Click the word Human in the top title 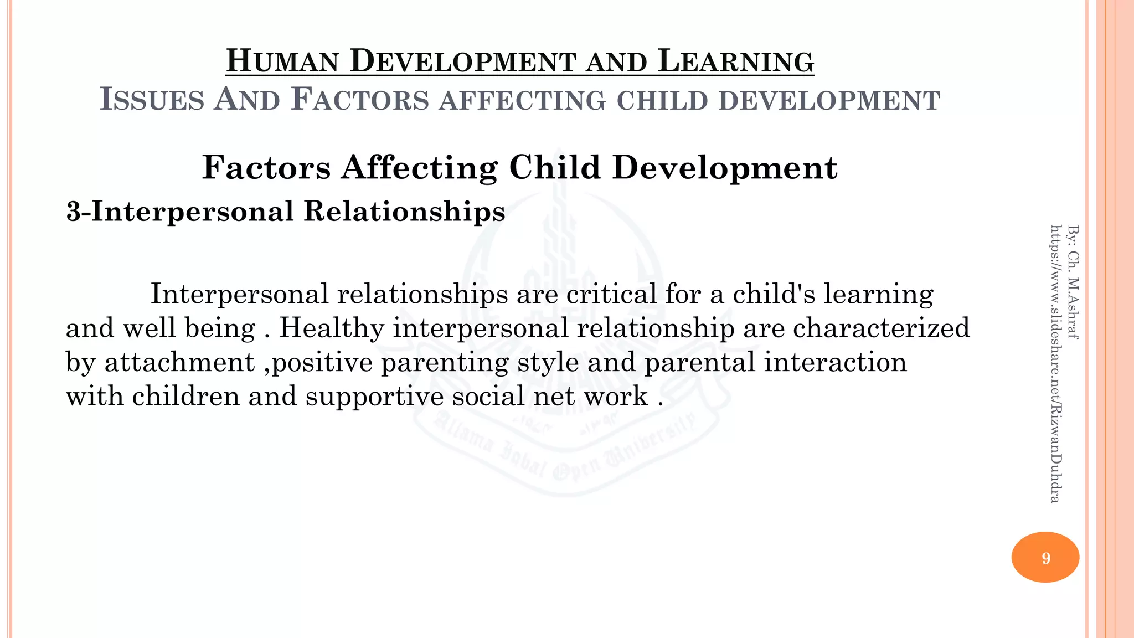(282, 61)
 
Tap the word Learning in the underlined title (736, 61)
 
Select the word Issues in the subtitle (152, 100)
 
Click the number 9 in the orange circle (1045, 558)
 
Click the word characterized (882, 328)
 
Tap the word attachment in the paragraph (179, 362)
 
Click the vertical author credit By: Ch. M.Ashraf (1073, 282)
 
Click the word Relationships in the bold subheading (404, 212)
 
